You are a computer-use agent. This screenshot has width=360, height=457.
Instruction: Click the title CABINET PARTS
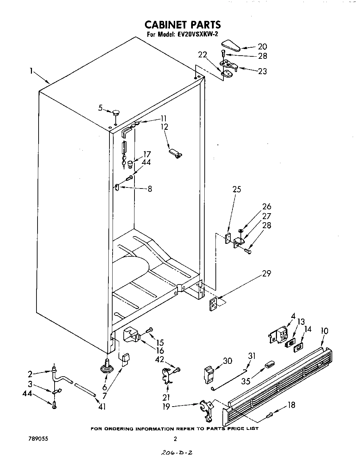click(x=182, y=24)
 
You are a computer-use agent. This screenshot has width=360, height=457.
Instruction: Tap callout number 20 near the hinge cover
click(x=262, y=47)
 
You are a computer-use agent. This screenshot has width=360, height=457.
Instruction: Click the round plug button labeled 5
click(x=116, y=112)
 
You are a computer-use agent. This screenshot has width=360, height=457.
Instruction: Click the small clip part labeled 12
click(x=175, y=153)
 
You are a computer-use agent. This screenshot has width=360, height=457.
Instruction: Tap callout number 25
click(x=237, y=189)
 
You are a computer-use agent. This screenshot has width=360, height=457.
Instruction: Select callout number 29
click(x=267, y=273)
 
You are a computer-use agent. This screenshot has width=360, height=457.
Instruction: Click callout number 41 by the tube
click(x=101, y=406)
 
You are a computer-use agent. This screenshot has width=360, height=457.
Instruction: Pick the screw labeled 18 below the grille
click(x=270, y=415)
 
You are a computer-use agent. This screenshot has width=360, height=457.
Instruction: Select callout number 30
click(x=227, y=361)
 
